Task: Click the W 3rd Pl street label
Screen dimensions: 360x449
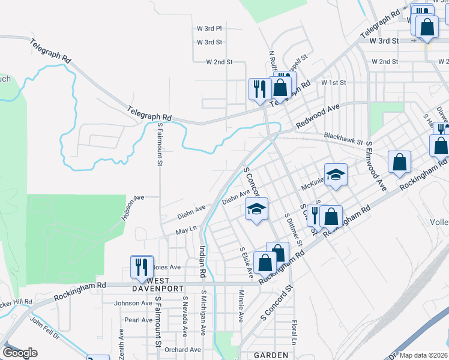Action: [209, 28]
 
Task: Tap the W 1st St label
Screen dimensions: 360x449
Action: [334, 82]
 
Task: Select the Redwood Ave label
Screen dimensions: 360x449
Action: [318, 116]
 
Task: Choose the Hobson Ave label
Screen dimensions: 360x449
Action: [133, 207]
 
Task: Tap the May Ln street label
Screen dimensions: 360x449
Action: [186, 229]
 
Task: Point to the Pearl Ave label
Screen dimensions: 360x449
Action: [139, 320]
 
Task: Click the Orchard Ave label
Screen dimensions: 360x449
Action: [182, 350]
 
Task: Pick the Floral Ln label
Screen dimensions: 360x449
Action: [294, 332]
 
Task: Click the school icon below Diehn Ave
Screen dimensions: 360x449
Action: [256, 209]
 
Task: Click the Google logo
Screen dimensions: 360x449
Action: [20, 353]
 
